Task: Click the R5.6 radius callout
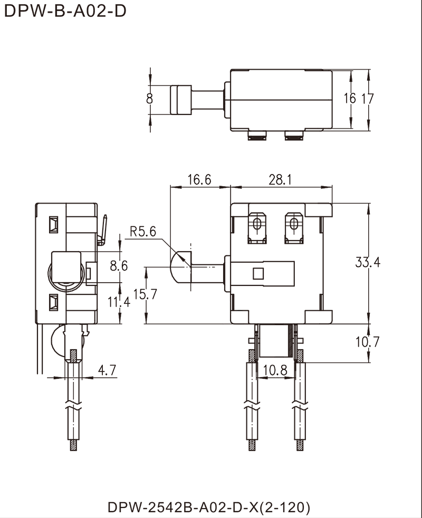pos(143,231)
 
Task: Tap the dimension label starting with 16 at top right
pos(356,99)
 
